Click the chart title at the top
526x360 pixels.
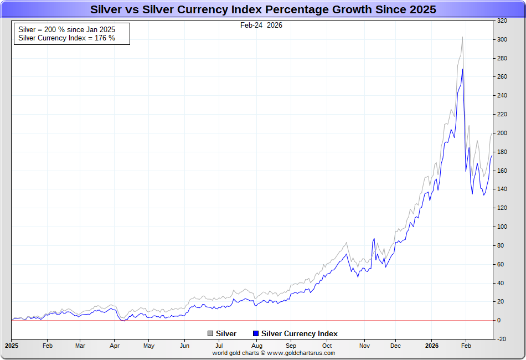263,9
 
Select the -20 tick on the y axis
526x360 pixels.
502,339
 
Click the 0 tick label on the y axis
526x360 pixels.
499,320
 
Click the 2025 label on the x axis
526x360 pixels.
11,346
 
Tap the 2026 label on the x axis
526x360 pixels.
432,346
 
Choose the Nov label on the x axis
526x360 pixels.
364,346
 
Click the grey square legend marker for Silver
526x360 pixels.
210,334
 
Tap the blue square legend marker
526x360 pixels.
255,334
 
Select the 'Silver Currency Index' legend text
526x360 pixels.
299,334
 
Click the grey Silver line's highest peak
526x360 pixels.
462,37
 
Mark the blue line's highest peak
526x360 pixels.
462,69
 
